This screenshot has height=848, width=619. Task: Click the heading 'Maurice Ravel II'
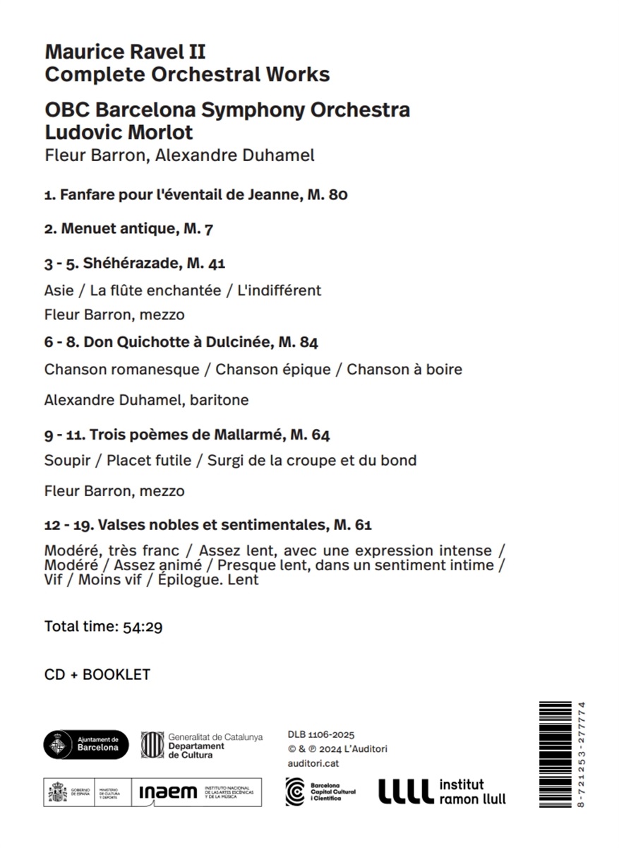[125, 52]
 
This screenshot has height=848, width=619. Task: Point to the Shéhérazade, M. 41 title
[134, 264]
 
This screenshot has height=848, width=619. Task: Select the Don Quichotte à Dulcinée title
[181, 343]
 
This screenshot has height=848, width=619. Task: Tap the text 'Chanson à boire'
[404, 369]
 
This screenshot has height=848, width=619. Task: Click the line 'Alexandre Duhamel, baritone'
[146, 400]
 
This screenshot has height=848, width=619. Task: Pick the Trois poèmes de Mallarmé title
[187, 435]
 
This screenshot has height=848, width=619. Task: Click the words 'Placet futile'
[149, 460]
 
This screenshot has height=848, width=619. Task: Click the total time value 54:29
[143, 626]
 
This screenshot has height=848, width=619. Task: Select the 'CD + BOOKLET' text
[97, 674]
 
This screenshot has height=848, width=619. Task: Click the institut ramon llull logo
[442, 791]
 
